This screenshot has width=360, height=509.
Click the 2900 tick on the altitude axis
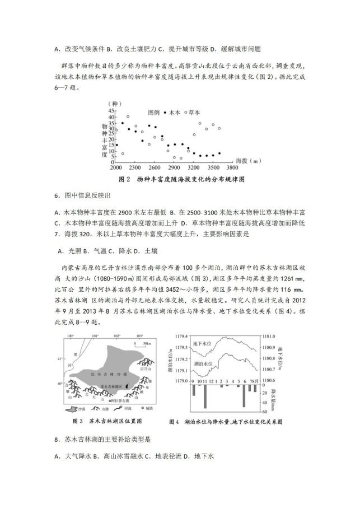[x=174, y=167]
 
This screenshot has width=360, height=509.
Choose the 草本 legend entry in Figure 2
[x=195, y=112]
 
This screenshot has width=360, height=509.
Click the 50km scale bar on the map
[x=147, y=342]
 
